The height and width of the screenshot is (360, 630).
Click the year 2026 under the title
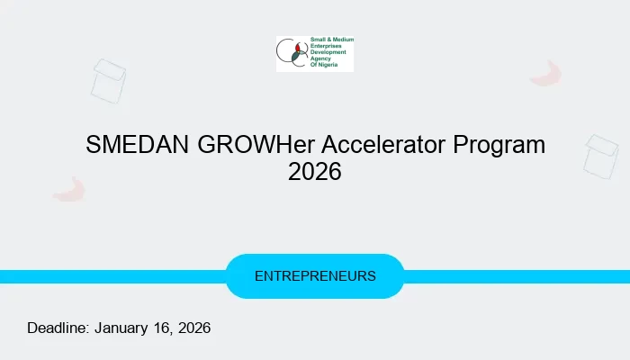point(315,171)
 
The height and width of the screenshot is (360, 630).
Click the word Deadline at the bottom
point(58,328)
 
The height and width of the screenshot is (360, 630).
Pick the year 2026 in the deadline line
point(193,328)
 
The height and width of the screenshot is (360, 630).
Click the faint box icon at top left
point(108,80)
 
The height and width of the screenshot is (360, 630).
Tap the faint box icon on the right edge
point(600,156)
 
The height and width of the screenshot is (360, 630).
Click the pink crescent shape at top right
point(545,74)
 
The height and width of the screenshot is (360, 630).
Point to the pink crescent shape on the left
point(68,189)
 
